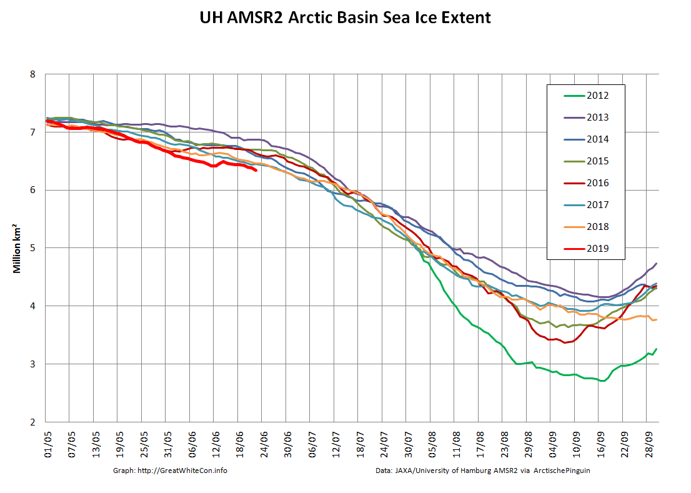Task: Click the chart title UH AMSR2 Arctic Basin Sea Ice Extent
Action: [345, 17]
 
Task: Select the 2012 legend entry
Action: [597, 96]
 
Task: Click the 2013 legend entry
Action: [597, 117]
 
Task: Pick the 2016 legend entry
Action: [597, 183]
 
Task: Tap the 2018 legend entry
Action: [597, 227]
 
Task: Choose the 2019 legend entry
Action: [597, 249]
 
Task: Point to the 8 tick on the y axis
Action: [33, 74]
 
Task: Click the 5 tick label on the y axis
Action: [33, 248]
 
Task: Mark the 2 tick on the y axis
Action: [33, 422]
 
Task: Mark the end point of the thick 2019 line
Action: [256, 170]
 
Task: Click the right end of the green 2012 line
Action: [656, 349]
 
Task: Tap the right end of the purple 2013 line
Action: [656, 263]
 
